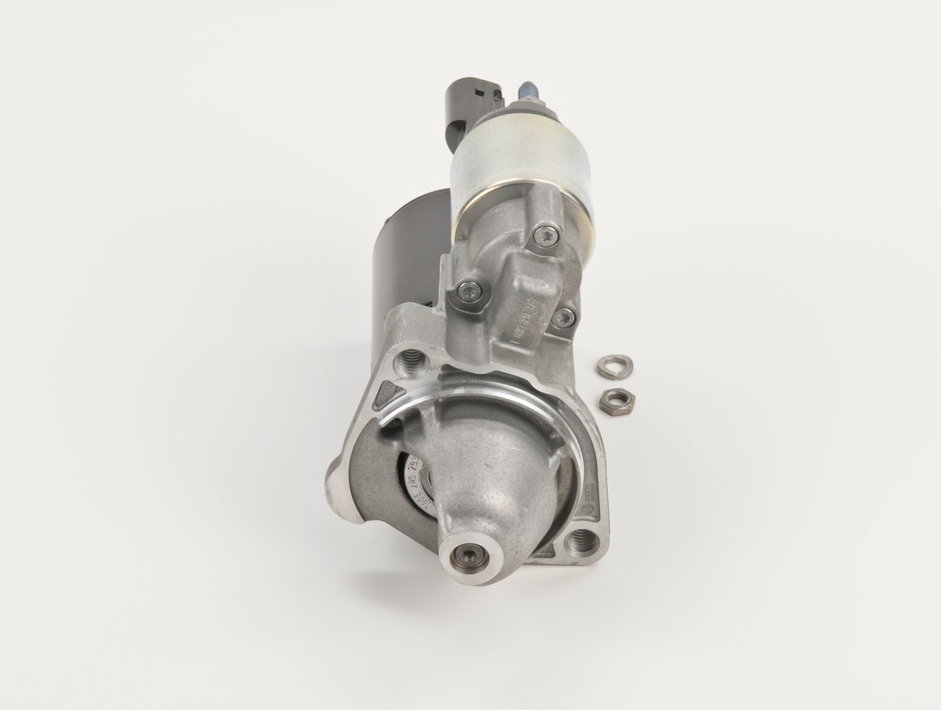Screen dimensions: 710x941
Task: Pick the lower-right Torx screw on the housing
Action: click(x=564, y=318)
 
